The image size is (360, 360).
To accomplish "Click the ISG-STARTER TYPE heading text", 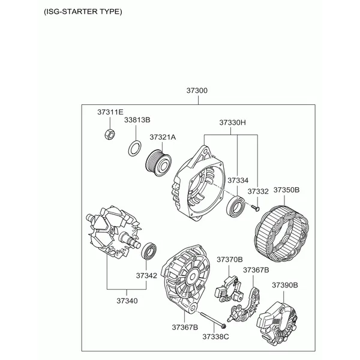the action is coord(83,11).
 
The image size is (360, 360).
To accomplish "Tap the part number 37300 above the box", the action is coord(197,91).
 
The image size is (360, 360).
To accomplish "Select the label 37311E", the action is coord(110,112).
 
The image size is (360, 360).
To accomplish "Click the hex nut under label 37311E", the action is coord(110,134).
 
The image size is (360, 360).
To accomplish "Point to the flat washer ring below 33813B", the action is coord(134,148).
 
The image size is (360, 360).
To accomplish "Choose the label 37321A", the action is coord(163,137).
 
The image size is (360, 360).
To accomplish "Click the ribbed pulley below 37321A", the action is coord(158,163).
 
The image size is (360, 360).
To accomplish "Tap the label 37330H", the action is coord(232,122).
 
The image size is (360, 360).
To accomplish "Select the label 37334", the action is coord(238,181).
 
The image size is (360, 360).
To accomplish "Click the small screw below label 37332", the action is coord(256,208).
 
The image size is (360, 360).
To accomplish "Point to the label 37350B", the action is coord(287,190).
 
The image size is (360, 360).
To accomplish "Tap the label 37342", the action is coord(146,275).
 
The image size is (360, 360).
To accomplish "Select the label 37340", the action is coord(127,301).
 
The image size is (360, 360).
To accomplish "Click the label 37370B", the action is coord(230,260).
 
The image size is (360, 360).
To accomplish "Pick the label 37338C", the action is coord(215,337).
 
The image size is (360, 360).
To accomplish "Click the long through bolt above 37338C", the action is coord(213,319).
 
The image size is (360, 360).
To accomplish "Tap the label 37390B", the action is coord(285,285).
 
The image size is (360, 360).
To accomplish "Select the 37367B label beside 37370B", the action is coord(256,270).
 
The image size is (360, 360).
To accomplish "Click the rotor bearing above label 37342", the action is coord(149,251).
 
